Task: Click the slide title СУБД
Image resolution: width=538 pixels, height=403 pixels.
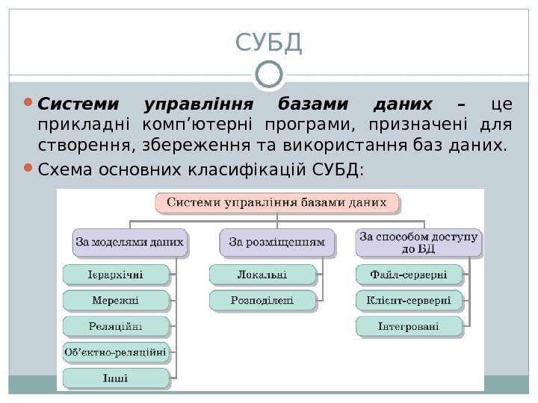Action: [x=268, y=43]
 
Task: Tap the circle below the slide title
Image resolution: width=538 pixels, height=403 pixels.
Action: [x=269, y=73]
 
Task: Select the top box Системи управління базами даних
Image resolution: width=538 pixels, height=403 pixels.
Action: [x=276, y=202]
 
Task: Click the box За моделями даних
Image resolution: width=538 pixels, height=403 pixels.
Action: [x=129, y=242]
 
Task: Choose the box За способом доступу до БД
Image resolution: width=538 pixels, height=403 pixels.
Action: [x=418, y=242]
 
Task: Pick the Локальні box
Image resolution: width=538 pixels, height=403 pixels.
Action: [x=262, y=275]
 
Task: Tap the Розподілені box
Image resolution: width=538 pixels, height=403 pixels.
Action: [x=262, y=301]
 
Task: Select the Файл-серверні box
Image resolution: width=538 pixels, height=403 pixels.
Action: [x=409, y=275]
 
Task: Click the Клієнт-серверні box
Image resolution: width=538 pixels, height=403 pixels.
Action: [x=409, y=301]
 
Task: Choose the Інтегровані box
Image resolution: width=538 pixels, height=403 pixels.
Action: [x=409, y=326]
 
